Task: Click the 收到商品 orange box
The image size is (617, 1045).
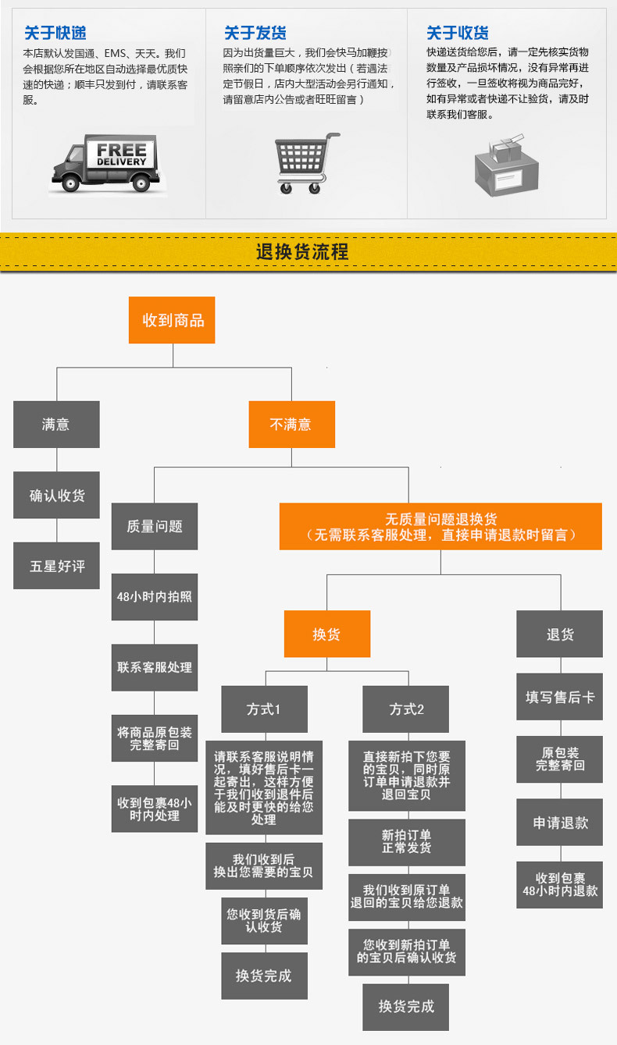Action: pos(172,320)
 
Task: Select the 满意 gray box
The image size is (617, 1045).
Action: pos(56,425)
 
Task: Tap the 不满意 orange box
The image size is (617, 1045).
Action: pos(291,425)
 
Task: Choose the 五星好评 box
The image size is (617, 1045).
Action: pos(56,566)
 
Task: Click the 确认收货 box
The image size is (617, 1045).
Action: pos(56,495)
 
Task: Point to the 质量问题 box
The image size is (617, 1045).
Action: pos(154,526)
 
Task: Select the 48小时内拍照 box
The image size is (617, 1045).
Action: pos(154,596)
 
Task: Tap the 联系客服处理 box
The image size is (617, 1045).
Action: pos(154,667)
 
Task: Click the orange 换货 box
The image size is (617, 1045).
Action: pos(326,634)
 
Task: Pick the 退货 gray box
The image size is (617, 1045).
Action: pos(559,634)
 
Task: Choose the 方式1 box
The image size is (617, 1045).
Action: pos(264,709)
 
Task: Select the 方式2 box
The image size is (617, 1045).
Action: pos(406,709)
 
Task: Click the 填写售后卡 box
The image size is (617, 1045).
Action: pos(559,696)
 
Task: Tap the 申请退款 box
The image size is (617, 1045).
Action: pos(559,823)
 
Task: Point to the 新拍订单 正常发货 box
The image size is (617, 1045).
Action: pos(406,841)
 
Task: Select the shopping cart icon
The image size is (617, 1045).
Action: pos(306,162)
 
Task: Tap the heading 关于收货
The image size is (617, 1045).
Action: pos(457,33)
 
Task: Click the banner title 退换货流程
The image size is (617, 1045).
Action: pos(302,252)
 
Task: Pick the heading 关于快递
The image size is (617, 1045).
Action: pos(55,33)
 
